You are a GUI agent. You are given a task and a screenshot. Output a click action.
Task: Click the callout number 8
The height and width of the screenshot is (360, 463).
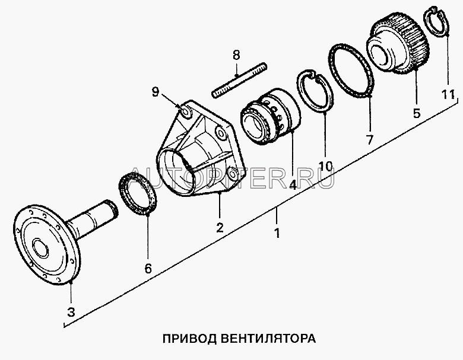(236, 55)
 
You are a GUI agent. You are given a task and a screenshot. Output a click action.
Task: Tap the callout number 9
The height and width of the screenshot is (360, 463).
(155, 91)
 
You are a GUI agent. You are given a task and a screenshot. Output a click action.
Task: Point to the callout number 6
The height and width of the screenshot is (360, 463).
(148, 268)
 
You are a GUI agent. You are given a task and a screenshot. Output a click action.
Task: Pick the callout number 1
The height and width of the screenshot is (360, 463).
(277, 232)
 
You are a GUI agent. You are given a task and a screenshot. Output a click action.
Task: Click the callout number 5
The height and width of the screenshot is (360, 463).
(416, 111)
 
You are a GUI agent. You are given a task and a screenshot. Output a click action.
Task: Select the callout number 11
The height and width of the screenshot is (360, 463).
(448, 94)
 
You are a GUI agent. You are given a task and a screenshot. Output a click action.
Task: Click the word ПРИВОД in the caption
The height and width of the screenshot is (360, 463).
(185, 339)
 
